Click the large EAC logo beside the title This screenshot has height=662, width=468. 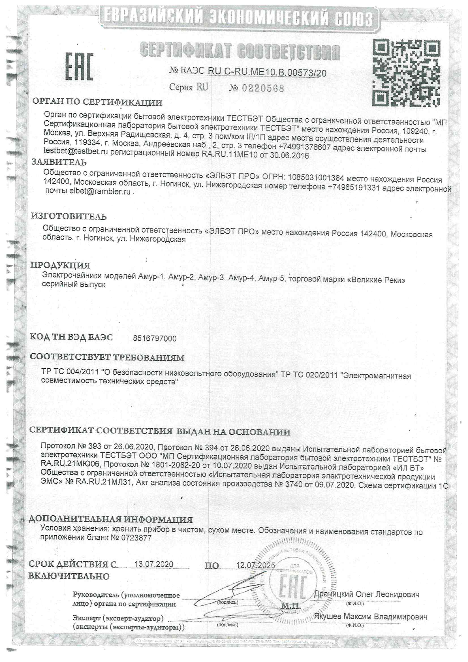pyautogui.click(x=79, y=66)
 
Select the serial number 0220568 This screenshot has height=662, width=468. pyautogui.click(x=263, y=88)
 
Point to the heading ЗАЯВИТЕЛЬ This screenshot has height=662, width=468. pyautogui.click(x=59, y=162)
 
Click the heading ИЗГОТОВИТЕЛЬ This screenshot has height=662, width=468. pyautogui.click(x=69, y=216)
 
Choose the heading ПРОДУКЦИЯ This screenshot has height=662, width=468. pyautogui.click(x=60, y=265)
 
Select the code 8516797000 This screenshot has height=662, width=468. pyautogui.click(x=155, y=338)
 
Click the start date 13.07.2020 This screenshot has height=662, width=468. pyautogui.click(x=154, y=564)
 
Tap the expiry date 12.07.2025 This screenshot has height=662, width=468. pyautogui.click(x=255, y=565)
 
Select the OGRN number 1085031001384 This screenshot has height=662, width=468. pyautogui.click(x=316, y=178)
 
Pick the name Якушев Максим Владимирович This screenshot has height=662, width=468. pyautogui.click(x=371, y=616)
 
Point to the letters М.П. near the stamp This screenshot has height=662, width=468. pyautogui.click(x=291, y=606)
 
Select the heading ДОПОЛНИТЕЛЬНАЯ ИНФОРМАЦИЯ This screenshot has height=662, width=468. pyautogui.click(x=111, y=519)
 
